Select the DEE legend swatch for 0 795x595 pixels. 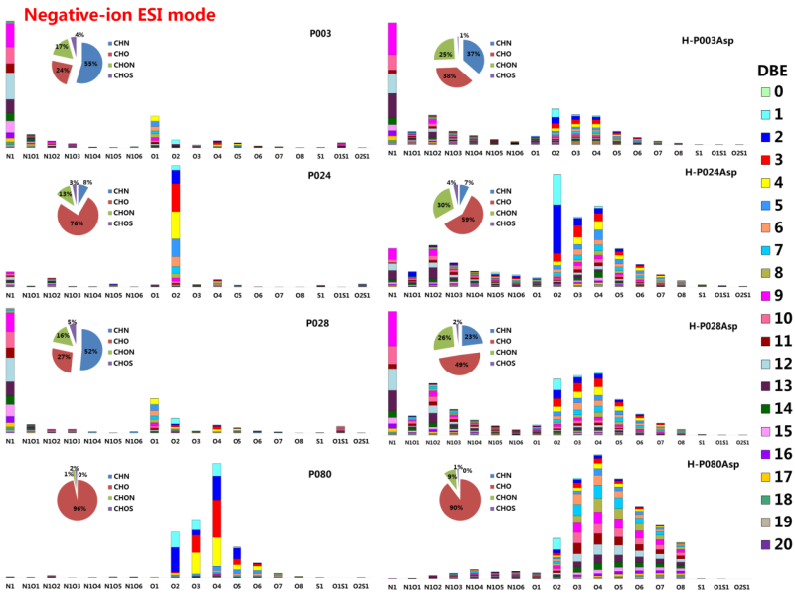pyautogui.click(x=757, y=92)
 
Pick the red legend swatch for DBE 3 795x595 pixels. pyautogui.click(x=757, y=160)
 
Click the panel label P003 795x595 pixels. pyautogui.click(x=320, y=33)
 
